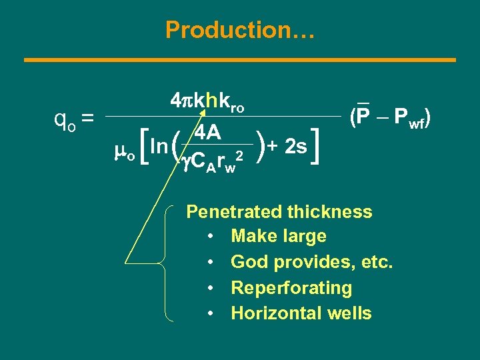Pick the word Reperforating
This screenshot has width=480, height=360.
[x=291, y=288]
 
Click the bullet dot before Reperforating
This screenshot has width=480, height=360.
[x=210, y=289]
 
